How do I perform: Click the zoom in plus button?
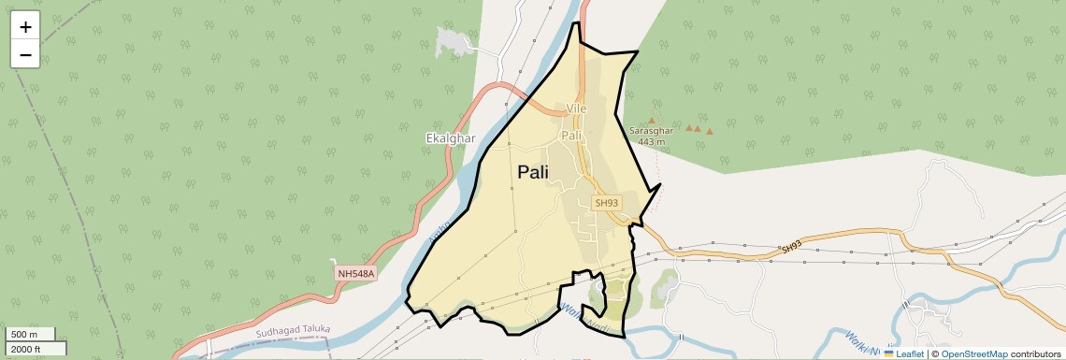click(25, 26)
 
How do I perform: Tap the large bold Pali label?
click(533, 172)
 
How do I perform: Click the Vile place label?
click(576, 108)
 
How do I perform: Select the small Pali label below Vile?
click(571, 136)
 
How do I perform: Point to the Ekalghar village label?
click(451, 138)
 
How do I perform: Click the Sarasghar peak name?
click(651, 131)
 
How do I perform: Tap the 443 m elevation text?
click(651, 142)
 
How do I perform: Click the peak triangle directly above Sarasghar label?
click(652, 121)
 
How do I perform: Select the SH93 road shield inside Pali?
click(607, 203)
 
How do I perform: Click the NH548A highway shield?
click(355, 273)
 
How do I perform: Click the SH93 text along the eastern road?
click(791, 247)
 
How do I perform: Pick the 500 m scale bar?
click(31, 334)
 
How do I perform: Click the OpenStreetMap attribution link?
click(973, 354)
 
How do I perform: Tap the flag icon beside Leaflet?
click(889, 354)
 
